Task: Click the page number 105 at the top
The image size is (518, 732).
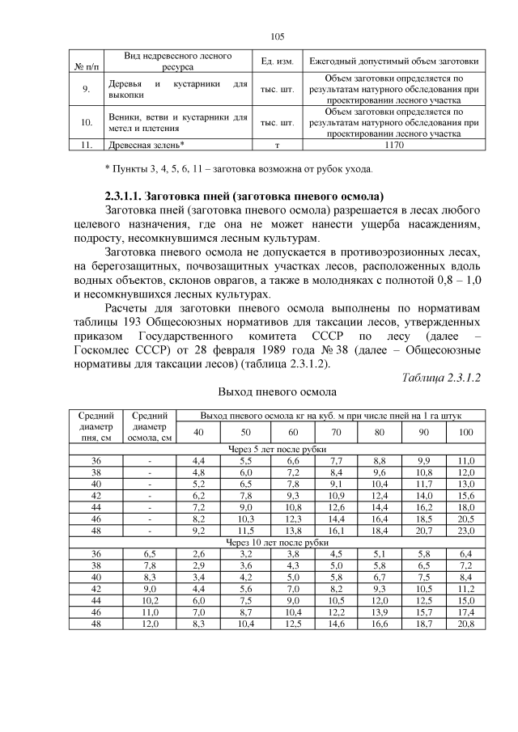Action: (x=278, y=36)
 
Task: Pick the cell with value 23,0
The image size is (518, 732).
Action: (x=465, y=531)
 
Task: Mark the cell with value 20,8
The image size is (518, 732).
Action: (x=465, y=625)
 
